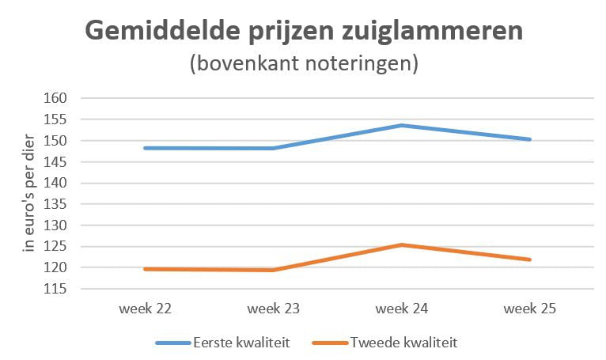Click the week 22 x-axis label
pos(146,309)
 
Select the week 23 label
pos(274,309)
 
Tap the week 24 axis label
pos(402,309)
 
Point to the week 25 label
pos(530,309)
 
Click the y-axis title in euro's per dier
pos(30,193)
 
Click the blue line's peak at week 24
pos(402,125)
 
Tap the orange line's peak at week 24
pos(402,244)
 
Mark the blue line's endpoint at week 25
pos(530,139)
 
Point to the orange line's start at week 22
pos(146,269)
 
